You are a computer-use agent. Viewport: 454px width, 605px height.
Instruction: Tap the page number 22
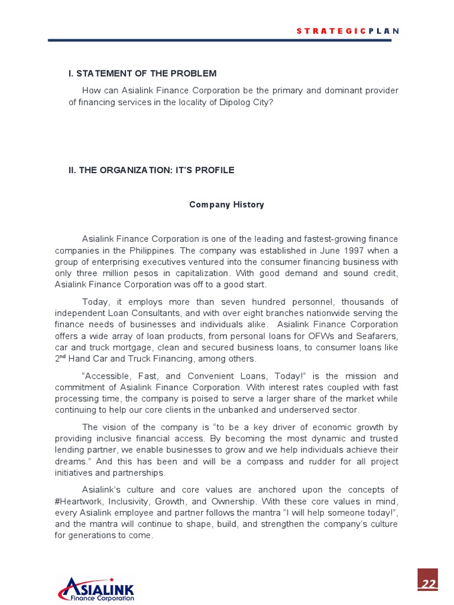(x=428, y=584)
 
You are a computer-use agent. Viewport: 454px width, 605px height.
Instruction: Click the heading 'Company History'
(x=226, y=204)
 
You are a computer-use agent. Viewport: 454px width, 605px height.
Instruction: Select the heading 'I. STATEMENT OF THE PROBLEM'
(x=142, y=73)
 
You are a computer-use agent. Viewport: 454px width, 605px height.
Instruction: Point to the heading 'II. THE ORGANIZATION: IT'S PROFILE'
(x=151, y=170)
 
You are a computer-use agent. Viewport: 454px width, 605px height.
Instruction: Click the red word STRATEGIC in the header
(x=330, y=31)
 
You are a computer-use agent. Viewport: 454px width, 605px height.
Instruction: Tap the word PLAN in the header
(x=384, y=31)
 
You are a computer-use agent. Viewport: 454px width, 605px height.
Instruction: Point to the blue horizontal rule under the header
(x=219, y=40)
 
